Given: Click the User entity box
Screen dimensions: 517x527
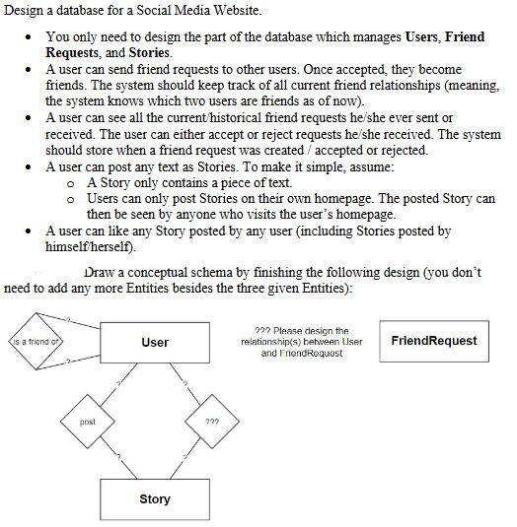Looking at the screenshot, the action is [154, 342].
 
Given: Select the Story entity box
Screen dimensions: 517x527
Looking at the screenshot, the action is [154, 499].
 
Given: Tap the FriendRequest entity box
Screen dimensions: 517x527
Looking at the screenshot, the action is [433, 341].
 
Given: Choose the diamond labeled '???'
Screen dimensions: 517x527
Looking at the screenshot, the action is [211, 422].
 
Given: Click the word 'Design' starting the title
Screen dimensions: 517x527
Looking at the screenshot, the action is [26, 11].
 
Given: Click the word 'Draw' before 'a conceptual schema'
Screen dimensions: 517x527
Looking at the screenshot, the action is [101, 272].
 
